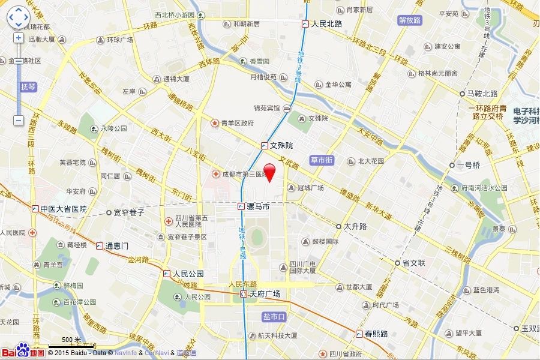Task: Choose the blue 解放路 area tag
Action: (x=410, y=20)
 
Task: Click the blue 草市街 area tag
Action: (x=322, y=160)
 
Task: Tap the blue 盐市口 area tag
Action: (x=272, y=316)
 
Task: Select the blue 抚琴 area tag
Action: (x=29, y=86)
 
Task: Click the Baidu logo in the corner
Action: (x=22, y=352)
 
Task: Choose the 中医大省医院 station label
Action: (x=63, y=209)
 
